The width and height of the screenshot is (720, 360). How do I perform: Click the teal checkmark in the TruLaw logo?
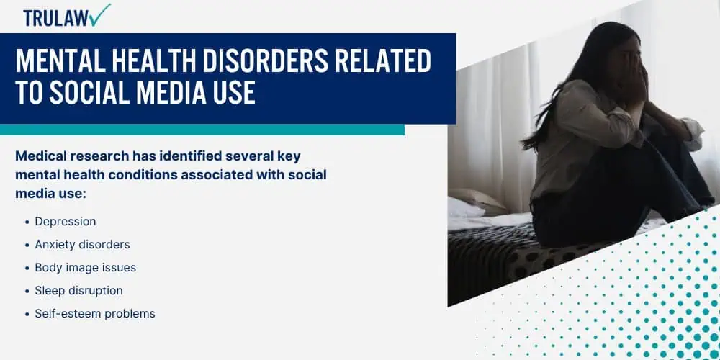[100, 14]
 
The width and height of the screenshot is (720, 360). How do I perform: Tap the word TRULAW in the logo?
[56, 18]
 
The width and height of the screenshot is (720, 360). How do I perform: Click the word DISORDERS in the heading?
[266, 60]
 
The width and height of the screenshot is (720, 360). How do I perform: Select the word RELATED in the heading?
[383, 60]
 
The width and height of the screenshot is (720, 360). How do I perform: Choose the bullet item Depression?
[66, 221]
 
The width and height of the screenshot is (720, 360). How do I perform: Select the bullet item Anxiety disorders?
[82, 244]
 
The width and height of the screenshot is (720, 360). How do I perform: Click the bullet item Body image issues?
[86, 268]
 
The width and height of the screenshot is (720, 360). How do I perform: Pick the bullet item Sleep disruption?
[78, 291]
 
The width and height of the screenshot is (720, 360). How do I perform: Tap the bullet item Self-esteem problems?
[95, 314]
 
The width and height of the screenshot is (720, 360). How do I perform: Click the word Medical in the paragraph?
[40, 156]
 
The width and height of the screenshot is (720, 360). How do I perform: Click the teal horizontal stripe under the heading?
[202, 130]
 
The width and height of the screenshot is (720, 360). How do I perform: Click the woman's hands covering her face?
[635, 81]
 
